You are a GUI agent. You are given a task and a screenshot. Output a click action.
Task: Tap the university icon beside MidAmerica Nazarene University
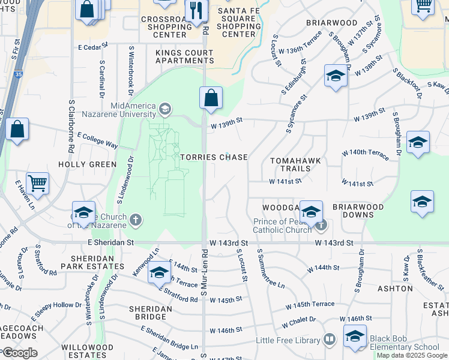click(164, 109)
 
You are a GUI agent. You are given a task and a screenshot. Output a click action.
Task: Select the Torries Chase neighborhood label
click(214, 157)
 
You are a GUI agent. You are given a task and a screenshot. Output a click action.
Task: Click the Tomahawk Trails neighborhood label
click(295, 164)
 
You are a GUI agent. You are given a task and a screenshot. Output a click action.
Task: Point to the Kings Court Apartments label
click(185, 57)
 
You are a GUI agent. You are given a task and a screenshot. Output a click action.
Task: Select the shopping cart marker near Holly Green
click(37, 184)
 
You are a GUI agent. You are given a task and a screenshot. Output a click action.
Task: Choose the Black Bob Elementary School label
click(404, 343)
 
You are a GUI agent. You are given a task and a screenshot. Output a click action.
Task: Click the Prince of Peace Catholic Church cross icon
click(321, 226)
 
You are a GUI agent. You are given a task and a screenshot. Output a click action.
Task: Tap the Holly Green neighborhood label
click(87, 164)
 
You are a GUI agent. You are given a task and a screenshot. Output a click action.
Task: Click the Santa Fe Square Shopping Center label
click(239, 22)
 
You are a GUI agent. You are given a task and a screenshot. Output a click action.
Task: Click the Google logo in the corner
click(20, 353)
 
